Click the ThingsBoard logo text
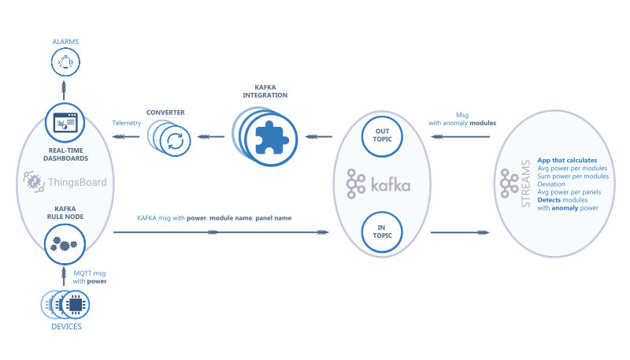(75, 183)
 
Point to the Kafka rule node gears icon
(65, 243)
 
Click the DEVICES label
(65, 327)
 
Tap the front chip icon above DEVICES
(75, 304)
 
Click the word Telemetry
(127, 123)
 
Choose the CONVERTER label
(165, 113)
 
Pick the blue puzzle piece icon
(270, 137)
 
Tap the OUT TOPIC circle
(382, 135)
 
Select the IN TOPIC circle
(382, 232)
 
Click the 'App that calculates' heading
(567, 161)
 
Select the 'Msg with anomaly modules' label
(462, 119)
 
